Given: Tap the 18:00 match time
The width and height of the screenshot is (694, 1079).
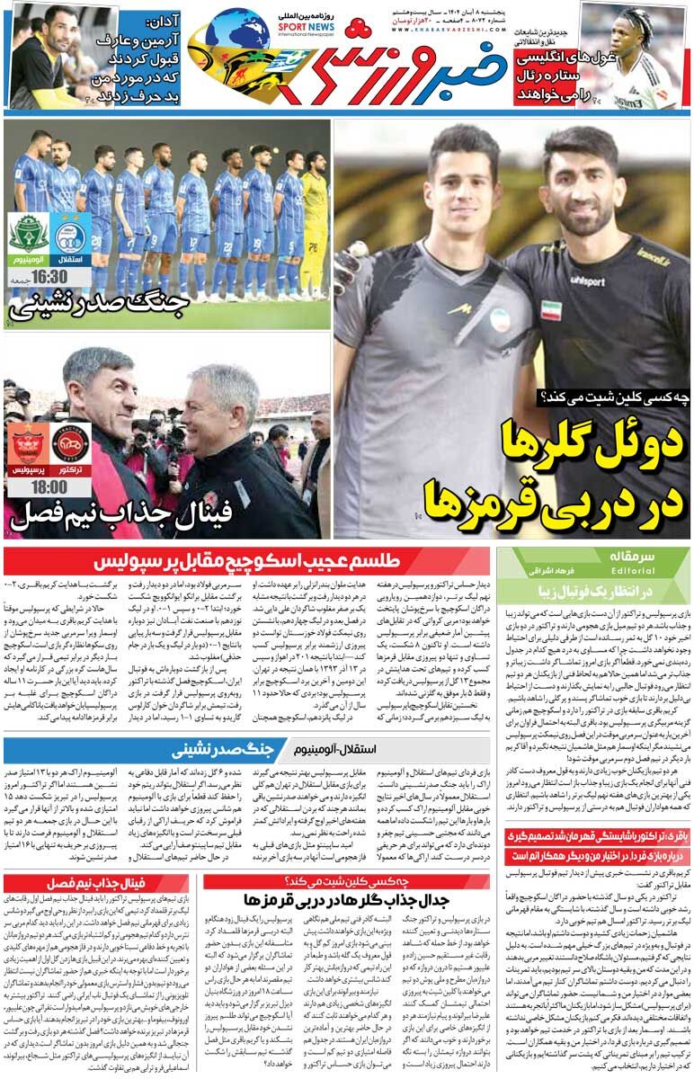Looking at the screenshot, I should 49,486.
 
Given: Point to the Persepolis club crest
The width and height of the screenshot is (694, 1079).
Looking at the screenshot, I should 27,442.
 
